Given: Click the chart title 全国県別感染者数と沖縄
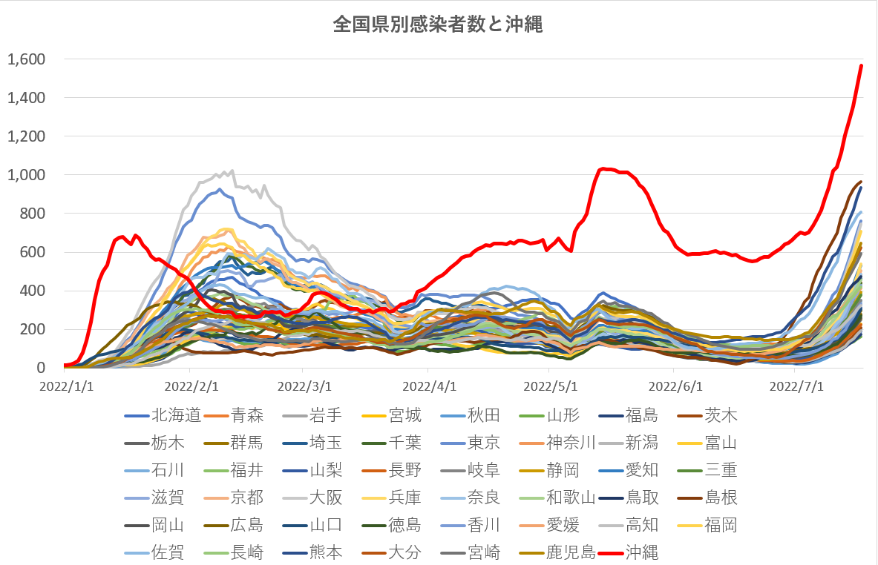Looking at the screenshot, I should (x=438, y=26).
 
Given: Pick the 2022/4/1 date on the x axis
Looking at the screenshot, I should (x=429, y=386).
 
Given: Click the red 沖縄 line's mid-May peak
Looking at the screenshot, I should (x=604, y=169).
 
